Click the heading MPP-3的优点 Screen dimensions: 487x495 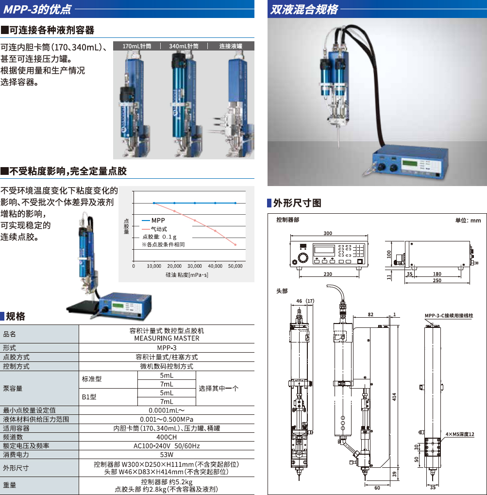(37, 9)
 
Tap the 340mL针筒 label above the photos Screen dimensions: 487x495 (184, 46)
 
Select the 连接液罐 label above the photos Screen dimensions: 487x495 (231, 46)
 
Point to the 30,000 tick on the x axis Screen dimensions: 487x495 (194, 266)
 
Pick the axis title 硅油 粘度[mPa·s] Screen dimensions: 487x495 (187, 275)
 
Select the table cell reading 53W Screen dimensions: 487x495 (167, 455)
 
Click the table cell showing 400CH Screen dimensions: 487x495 (167, 437)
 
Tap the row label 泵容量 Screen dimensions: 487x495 (13, 388)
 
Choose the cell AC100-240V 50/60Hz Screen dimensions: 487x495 (167, 446)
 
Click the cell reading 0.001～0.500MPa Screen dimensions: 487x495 (167, 419)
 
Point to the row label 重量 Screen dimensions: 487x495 (10, 485)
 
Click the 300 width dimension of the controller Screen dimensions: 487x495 (328, 233)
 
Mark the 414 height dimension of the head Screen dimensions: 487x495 (394, 397)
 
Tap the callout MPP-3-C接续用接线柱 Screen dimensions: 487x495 (449, 315)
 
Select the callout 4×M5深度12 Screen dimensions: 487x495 (460, 434)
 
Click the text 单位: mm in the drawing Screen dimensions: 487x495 (468, 221)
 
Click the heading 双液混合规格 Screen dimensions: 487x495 (304, 9)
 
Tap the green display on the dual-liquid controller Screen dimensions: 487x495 (409, 163)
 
